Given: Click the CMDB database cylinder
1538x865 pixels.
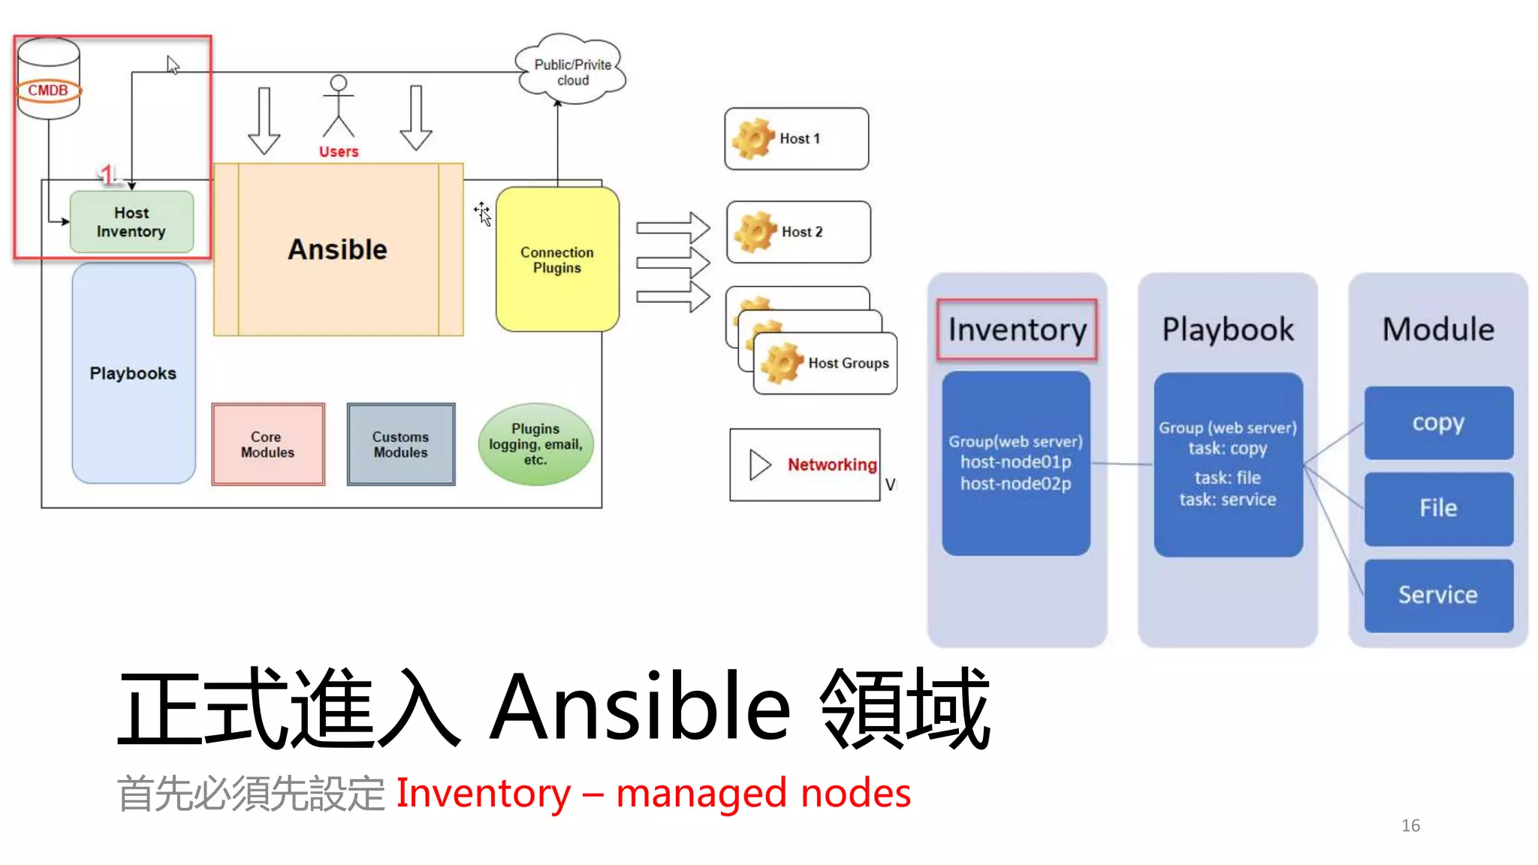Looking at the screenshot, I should pos(48,79).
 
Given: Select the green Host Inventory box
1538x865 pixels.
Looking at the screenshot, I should pos(131,222).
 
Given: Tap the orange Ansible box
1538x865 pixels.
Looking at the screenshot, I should pos(338,249).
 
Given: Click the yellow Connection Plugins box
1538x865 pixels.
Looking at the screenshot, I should pos(557,260).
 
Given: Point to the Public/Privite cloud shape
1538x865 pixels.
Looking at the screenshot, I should pos(571,72).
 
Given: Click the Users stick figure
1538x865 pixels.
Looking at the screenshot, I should pos(339,109).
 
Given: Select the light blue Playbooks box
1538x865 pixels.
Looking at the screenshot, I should pos(133,373).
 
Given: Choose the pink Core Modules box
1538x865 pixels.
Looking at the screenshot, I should pos(267,445).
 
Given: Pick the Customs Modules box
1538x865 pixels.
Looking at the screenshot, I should pos(400,445).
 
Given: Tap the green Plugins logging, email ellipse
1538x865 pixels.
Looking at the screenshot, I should pos(535,444).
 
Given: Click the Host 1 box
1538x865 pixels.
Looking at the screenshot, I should pos(796,139).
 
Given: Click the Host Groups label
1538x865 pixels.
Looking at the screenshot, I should pos(848,363).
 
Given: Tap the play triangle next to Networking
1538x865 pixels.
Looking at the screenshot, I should pos(759,465).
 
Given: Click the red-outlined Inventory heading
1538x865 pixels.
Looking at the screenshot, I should pos(1017,330).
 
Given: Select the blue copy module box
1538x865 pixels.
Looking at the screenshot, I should pos(1438,423).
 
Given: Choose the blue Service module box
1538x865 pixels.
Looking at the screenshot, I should pos(1438,595).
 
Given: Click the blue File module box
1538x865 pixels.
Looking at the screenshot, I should pos(1438,508).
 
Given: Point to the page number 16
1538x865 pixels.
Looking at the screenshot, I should pos(1410,826).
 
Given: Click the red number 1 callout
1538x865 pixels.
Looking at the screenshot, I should pos(107,175).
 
